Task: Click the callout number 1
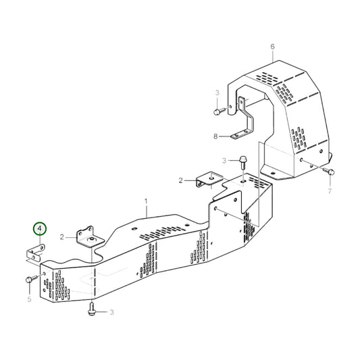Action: click(146, 201)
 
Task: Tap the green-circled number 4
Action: click(40, 230)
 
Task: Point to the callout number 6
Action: click(272, 47)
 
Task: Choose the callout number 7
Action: click(330, 192)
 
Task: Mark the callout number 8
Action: click(216, 136)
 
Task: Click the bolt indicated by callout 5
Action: click(30, 278)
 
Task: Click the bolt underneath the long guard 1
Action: click(92, 310)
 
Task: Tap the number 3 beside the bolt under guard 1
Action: click(111, 311)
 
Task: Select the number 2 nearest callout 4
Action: click(61, 237)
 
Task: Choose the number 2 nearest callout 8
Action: click(181, 180)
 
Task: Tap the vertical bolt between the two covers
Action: click(242, 161)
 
